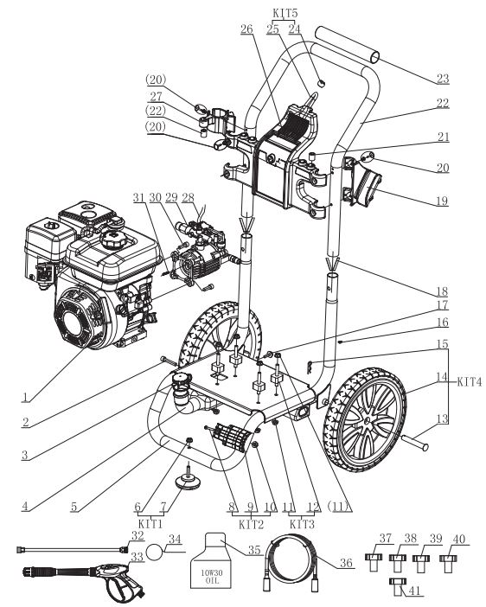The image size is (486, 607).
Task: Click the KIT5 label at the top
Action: (x=285, y=13)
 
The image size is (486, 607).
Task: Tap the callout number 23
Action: (x=443, y=79)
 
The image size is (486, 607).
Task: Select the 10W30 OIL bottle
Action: (x=212, y=561)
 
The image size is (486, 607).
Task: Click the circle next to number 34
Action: (x=156, y=552)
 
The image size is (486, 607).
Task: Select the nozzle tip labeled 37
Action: (x=374, y=562)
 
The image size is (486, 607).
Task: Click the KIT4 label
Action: (x=470, y=381)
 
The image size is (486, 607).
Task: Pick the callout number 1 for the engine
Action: (x=26, y=397)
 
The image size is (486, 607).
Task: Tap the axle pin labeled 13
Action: (x=415, y=443)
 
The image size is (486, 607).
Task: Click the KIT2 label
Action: (x=251, y=525)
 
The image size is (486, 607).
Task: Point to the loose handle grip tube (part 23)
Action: (x=348, y=44)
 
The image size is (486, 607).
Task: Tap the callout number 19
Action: (x=442, y=201)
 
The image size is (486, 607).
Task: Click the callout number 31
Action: (x=138, y=197)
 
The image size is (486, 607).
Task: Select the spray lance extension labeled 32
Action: (x=73, y=549)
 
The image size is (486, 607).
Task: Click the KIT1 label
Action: (x=150, y=524)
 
